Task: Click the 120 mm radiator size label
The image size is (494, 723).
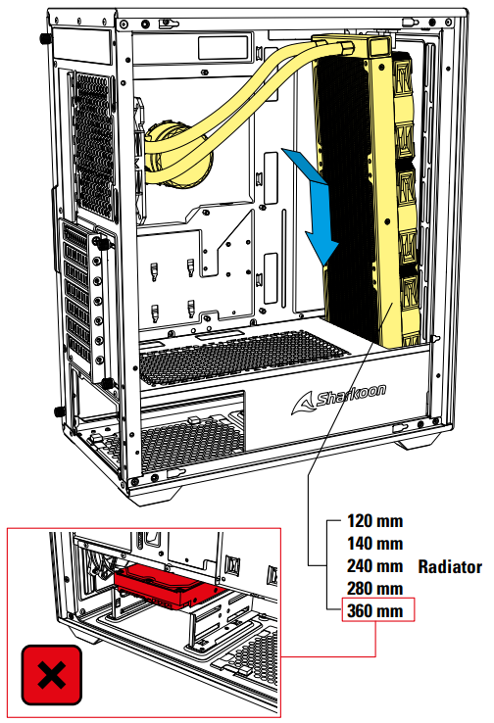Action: pyautogui.click(x=375, y=521)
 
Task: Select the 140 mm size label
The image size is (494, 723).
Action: pyautogui.click(x=375, y=543)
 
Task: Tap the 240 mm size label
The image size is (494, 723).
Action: pyautogui.click(x=375, y=566)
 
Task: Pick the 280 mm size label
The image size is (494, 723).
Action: pyautogui.click(x=375, y=589)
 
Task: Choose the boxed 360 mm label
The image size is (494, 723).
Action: pyautogui.click(x=377, y=610)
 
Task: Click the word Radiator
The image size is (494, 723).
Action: pyautogui.click(x=450, y=566)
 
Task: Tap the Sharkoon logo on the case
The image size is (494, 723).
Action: pyautogui.click(x=339, y=399)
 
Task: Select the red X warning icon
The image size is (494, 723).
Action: pyautogui.click(x=52, y=675)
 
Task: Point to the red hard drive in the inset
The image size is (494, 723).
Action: pyautogui.click(x=169, y=587)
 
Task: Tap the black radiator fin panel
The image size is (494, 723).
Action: pyautogui.click(x=348, y=194)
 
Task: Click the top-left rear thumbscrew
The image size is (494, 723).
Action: pyautogui.click(x=45, y=39)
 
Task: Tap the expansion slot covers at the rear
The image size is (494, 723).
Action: pyautogui.click(x=78, y=291)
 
